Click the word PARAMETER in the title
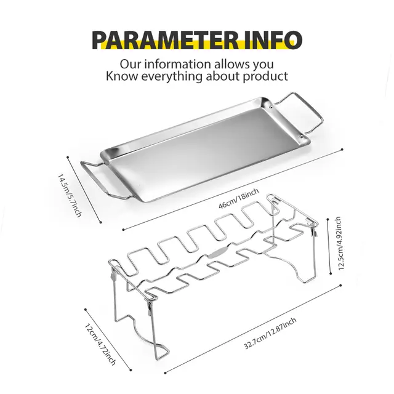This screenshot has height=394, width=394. coord(166,39)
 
